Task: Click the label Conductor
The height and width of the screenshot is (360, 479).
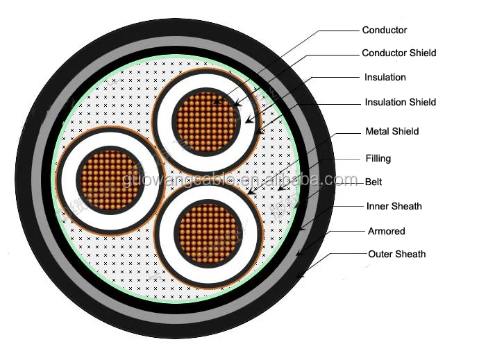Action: (384, 30)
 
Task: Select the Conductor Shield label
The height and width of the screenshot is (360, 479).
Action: (398, 53)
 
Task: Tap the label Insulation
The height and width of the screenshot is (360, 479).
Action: (385, 77)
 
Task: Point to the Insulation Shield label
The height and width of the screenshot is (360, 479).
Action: (400, 102)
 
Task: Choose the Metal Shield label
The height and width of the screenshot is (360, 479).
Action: (392, 131)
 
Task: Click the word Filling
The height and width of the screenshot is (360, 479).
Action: (378, 158)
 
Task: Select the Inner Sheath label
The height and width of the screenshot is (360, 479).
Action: (394, 206)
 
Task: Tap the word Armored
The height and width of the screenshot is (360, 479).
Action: (386, 231)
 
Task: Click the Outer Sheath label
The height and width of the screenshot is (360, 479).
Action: (396, 254)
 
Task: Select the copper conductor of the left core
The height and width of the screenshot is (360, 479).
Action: (107, 179)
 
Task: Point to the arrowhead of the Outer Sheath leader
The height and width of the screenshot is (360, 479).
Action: (299, 277)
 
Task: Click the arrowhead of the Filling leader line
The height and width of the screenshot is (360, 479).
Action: (278, 188)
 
